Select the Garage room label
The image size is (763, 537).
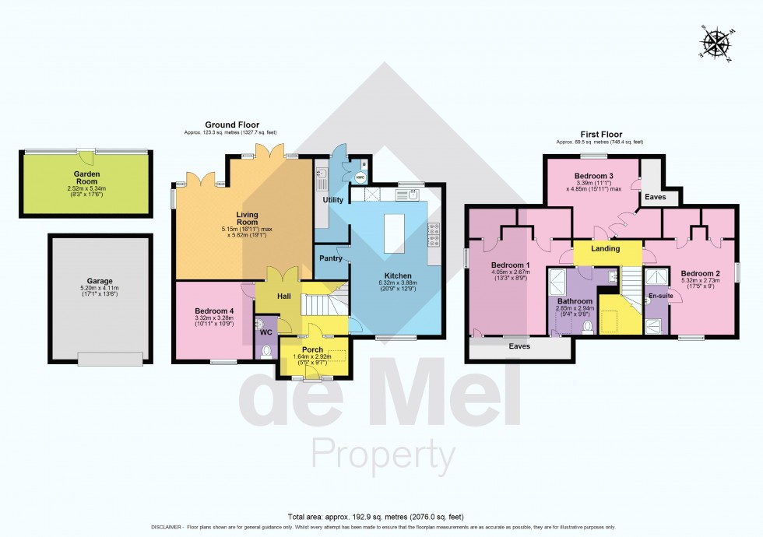(100, 281)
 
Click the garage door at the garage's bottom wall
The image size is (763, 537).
(110, 359)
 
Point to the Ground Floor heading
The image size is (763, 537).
(232, 125)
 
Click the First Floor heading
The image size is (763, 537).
(599, 135)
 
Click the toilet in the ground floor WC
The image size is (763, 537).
(268, 351)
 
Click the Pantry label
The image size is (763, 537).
(331, 258)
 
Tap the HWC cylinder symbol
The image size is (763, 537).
(360, 177)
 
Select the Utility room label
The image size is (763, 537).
(333, 200)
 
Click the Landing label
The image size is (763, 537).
(606, 249)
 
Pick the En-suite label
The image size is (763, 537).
(659, 296)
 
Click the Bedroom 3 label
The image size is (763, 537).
(593, 176)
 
